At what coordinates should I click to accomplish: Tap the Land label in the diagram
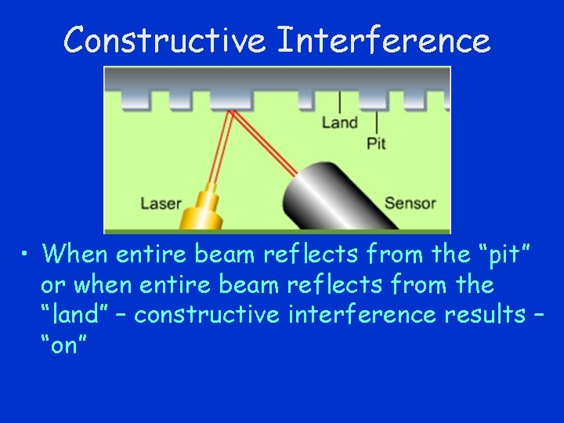(339, 122)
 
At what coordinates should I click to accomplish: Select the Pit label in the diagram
(376, 143)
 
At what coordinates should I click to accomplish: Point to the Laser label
(161, 204)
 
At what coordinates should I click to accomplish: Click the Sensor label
(410, 204)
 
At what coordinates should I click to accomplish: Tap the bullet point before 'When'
(27, 254)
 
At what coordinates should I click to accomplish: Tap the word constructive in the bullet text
(207, 315)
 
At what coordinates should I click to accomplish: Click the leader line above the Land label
(339, 102)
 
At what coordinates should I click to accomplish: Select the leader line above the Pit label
(377, 121)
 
